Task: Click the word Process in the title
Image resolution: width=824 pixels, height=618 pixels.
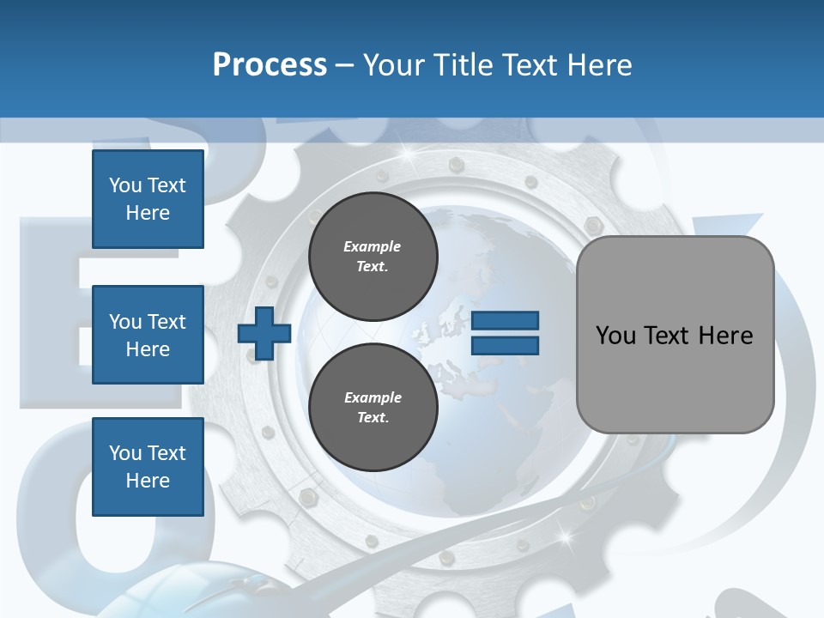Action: pyautogui.click(x=270, y=64)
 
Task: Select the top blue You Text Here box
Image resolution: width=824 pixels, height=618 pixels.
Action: pyautogui.click(x=148, y=199)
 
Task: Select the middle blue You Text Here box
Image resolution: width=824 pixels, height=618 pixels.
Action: pyautogui.click(x=148, y=335)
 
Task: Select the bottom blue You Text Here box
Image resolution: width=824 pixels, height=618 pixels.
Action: pyautogui.click(x=148, y=467)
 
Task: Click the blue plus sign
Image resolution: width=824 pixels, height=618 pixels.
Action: pyautogui.click(x=264, y=333)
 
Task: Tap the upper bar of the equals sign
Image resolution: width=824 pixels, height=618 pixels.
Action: pyautogui.click(x=506, y=320)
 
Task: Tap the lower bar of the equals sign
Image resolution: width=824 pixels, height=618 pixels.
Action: pyautogui.click(x=506, y=345)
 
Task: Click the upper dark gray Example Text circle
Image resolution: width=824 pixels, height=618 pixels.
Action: pyautogui.click(x=373, y=257)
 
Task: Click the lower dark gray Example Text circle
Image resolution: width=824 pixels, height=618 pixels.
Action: pyautogui.click(x=373, y=408)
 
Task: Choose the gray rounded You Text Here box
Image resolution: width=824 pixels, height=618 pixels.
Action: pyautogui.click(x=675, y=335)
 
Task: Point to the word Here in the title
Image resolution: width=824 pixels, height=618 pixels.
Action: pyautogui.click(x=598, y=65)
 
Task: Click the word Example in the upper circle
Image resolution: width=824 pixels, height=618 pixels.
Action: pyautogui.click(x=373, y=246)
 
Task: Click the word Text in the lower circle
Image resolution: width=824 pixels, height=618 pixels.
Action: pyautogui.click(x=373, y=418)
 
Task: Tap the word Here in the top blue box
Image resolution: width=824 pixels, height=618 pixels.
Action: pyautogui.click(x=148, y=213)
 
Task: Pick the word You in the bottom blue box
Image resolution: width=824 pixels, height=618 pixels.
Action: pyautogui.click(x=125, y=453)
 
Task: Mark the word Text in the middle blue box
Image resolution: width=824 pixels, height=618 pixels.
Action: pyautogui.click(x=166, y=322)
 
